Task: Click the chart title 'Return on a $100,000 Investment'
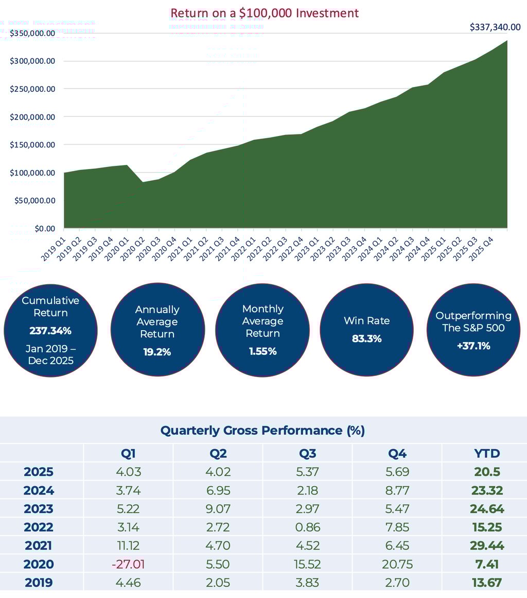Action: click(264, 13)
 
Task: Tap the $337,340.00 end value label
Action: click(495, 27)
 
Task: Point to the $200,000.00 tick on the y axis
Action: click(32, 117)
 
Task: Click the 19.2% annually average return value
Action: click(157, 352)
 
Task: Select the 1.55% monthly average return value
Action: click(262, 351)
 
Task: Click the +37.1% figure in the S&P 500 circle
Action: click(473, 346)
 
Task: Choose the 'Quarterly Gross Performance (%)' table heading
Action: click(262, 431)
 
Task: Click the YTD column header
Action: click(486, 453)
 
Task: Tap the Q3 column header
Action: click(308, 453)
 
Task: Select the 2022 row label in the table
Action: click(39, 527)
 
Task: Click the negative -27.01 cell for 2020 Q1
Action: click(128, 564)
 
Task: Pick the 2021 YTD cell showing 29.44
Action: click(486, 545)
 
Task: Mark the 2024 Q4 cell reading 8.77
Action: click(397, 490)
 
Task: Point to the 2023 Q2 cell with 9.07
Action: click(218, 509)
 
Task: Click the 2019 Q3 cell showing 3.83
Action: click(308, 583)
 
